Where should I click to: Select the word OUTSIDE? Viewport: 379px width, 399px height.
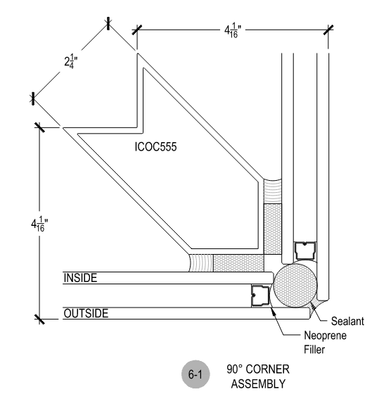[86, 314]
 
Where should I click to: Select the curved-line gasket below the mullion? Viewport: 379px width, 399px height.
[200, 262]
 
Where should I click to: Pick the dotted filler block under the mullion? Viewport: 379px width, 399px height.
[235, 262]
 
